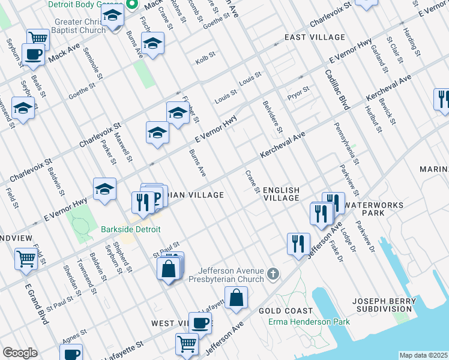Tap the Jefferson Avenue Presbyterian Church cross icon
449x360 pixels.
pos(274,275)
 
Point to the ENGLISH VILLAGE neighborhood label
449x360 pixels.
pos(282,193)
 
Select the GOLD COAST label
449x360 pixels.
pos(286,311)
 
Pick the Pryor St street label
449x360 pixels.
pos(298,90)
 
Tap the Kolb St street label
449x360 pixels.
pos(205,61)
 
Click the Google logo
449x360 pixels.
pos(20,353)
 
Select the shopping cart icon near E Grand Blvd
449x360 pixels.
pos(26,259)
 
